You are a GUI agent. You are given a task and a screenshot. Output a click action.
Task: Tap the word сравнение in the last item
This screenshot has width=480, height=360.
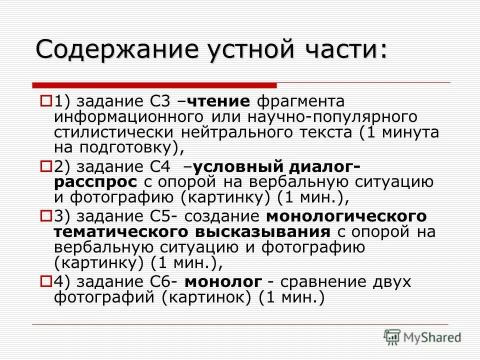pyautogui.click(x=325, y=281)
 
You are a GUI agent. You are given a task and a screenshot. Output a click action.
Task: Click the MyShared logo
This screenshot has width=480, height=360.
pyautogui.click(x=422, y=337)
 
